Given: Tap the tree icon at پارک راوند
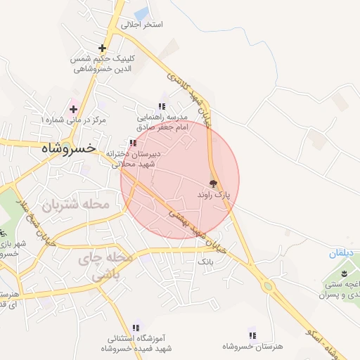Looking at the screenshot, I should pos(214,183).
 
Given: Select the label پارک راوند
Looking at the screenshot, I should pos(214,193).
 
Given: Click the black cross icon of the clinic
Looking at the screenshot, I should pos(103,49).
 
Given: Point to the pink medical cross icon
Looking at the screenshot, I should pos(73,108).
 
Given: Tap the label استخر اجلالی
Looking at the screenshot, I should pos(142,25).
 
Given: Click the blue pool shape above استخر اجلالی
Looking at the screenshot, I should pos(141,13).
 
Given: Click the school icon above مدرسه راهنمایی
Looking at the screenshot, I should pos(162,106).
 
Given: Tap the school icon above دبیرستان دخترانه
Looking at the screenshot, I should pos(133,143).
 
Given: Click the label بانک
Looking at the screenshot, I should pos(205,262).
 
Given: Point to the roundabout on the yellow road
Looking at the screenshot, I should pos(267,286).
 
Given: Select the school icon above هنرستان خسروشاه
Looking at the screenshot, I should pos(252,335).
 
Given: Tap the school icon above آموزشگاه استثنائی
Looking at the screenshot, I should pos(136,327).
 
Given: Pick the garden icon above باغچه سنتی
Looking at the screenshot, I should pos(345,273).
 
